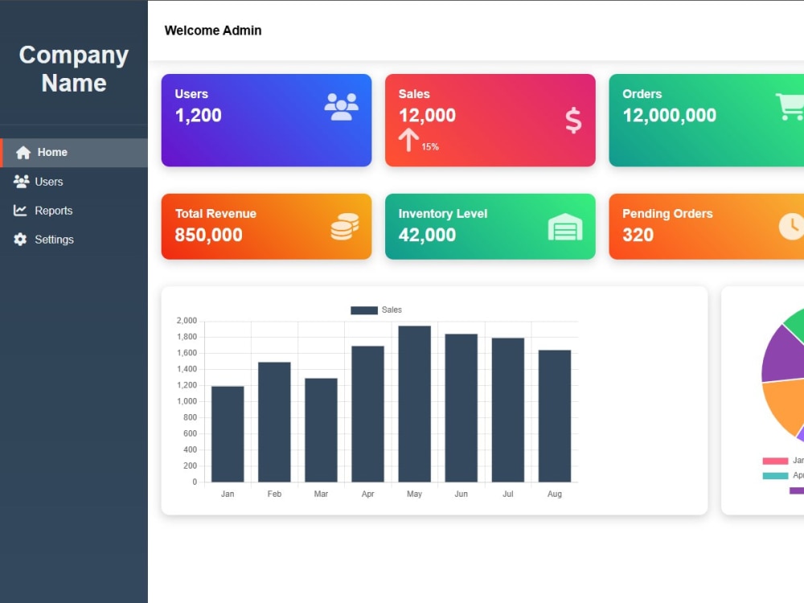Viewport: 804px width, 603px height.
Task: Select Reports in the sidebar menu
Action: coord(53,211)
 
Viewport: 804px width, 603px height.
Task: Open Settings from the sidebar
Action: coord(54,240)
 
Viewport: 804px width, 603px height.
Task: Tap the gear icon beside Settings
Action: coord(20,240)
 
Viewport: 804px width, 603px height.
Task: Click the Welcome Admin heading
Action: coord(213,31)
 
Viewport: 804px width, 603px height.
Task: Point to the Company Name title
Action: coord(74,69)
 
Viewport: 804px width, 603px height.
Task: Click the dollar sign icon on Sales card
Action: coord(573,121)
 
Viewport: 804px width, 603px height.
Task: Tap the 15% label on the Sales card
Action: coord(429,147)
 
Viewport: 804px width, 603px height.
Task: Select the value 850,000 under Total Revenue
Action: coord(208,235)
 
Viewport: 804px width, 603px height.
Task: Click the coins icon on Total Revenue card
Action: coord(345,227)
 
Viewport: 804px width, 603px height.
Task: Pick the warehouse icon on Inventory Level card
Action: coord(565,227)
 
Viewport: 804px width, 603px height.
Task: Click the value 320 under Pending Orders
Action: coord(638,235)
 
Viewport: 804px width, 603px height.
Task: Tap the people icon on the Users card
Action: coord(342,107)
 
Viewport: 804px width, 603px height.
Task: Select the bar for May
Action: coord(414,404)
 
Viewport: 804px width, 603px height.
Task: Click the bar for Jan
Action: coord(228,434)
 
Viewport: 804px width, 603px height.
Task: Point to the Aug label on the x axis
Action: coord(554,494)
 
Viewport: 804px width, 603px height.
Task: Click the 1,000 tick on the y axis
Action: coord(187,401)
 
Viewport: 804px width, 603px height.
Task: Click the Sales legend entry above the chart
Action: coord(376,310)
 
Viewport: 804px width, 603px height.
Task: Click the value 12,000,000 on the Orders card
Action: coord(669,115)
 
